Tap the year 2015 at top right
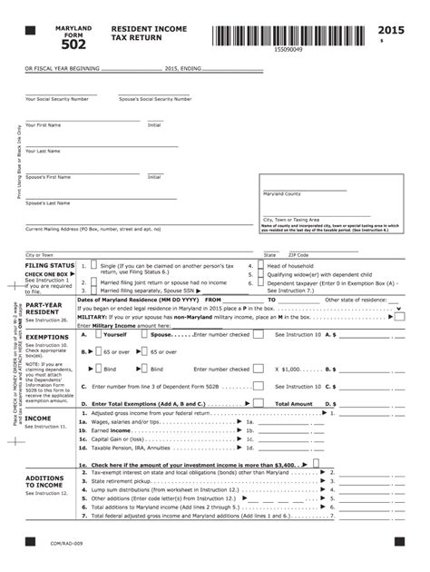tap(392, 31)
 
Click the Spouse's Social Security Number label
tap(155, 99)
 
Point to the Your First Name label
tap(44, 124)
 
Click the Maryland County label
tap(282, 193)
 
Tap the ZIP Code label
tap(298, 255)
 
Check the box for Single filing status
tap(94, 267)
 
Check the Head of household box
tap(259, 266)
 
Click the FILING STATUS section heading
tap(49, 265)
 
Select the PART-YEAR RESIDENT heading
tap(44, 309)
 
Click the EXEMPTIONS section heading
tap(45, 336)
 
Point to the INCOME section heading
tap(39, 417)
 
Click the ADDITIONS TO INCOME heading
tap(44, 481)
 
